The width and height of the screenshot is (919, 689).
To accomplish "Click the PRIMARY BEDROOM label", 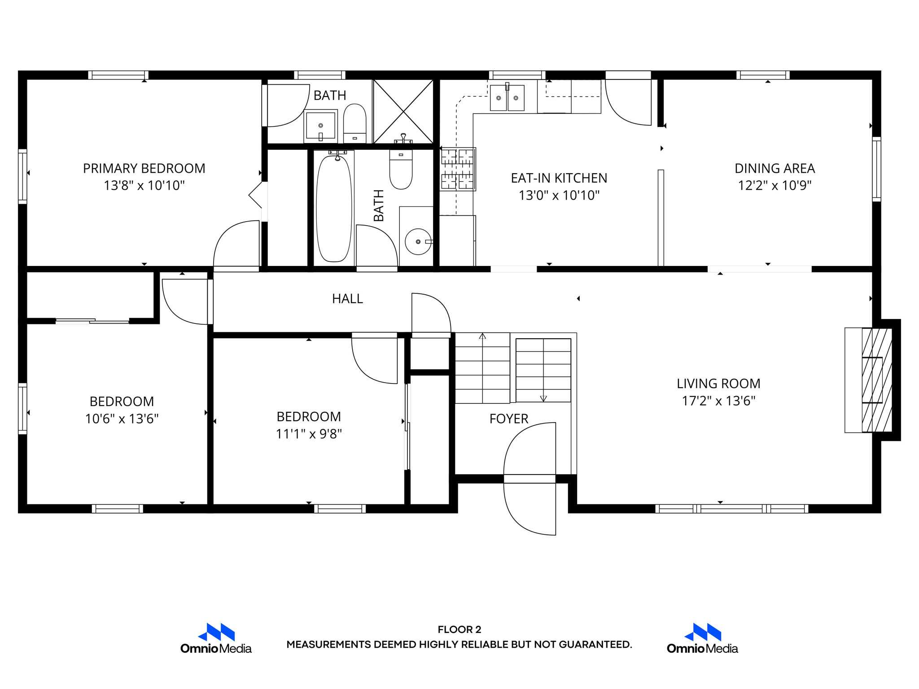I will click(x=144, y=168).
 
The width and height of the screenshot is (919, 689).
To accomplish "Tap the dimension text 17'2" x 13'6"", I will click(x=718, y=401).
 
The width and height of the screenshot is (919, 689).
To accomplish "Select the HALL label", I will click(x=347, y=299).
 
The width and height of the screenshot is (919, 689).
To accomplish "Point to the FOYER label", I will click(x=508, y=419).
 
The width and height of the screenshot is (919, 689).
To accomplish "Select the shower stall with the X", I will click(x=403, y=111).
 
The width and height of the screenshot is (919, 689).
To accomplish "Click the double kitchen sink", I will click(x=507, y=98).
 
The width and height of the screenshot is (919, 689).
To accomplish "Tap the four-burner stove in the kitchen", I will click(x=457, y=169).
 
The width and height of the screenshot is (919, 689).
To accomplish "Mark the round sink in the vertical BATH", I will click(x=418, y=242).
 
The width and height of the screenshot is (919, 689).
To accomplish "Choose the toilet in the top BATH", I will click(x=354, y=123).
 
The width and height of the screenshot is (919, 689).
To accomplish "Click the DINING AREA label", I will click(x=775, y=168).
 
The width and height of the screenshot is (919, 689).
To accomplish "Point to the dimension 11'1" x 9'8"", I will click(x=309, y=434).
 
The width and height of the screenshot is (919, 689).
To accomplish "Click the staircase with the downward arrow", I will click(x=543, y=370).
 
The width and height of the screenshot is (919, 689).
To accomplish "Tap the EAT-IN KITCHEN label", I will click(x=559, y=178).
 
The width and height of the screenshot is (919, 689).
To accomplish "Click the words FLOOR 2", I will click(x=459, y=629).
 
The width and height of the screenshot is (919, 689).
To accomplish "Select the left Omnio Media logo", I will click(x=216, y=638).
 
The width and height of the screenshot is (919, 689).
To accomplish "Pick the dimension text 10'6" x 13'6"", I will click(x=122, y=419).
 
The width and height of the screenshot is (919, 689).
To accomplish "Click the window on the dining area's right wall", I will click(x=876, y=169).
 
